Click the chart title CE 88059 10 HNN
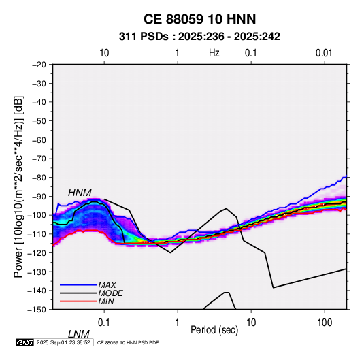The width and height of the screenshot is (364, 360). pyautogui.click(x=199, y=19)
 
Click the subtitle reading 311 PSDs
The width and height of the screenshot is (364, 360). pyautogui.click(x=144, y=37)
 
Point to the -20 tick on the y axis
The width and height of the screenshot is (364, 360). pyautogui.click(x=39, y=65)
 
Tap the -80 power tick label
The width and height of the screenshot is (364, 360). pyautogui.click(x=39, y=178)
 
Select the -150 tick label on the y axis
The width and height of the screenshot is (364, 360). pyautogui.click(x=37, y=310)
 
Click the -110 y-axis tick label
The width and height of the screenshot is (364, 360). pyautogui.click(x=37, y=234)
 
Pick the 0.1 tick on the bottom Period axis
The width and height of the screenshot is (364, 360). pyautogui.click(x=104, y=323)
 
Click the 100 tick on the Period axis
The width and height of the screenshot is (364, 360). pyautogui.click(x=325, y=323)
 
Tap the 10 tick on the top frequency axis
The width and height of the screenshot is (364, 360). pyautogui.click(x=104, y=53)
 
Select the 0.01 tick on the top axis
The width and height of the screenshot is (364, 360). pyautogui.click(x=324, y=53)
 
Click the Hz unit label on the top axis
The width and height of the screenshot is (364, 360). pyautogui.click(x=214, y=53)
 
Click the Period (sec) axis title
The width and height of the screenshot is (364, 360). pyautogui.click(x=214, y=330)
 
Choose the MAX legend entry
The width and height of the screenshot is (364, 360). pyautogui.click(x=107, y=285)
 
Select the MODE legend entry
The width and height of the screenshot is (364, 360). pyautogui.click(x=110, y=293)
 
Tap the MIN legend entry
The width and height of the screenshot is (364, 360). pyautogui.click(x=106, y=301)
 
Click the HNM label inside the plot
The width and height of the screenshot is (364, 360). pyautogui.click(x=80, y=193)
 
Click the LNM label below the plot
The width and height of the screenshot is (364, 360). pyautogui.click(x=78, y=334)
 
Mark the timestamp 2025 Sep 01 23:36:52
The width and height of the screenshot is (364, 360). pyautogui.click(x=63, y=342)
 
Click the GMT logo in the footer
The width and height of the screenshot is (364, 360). pyautogui.click(x=25, y=342)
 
